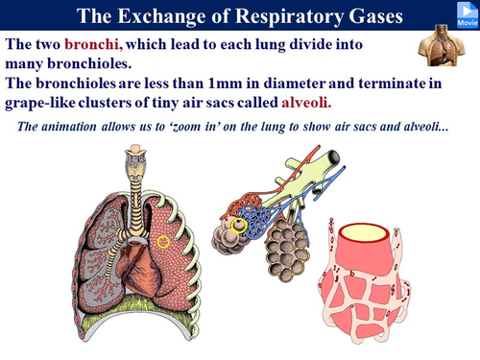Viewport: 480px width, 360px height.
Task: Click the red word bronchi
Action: (x=93, y=46)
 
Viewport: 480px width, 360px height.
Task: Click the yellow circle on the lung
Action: (x=164, y=242)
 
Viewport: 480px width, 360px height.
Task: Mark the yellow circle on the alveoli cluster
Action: (x=237, y=226)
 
